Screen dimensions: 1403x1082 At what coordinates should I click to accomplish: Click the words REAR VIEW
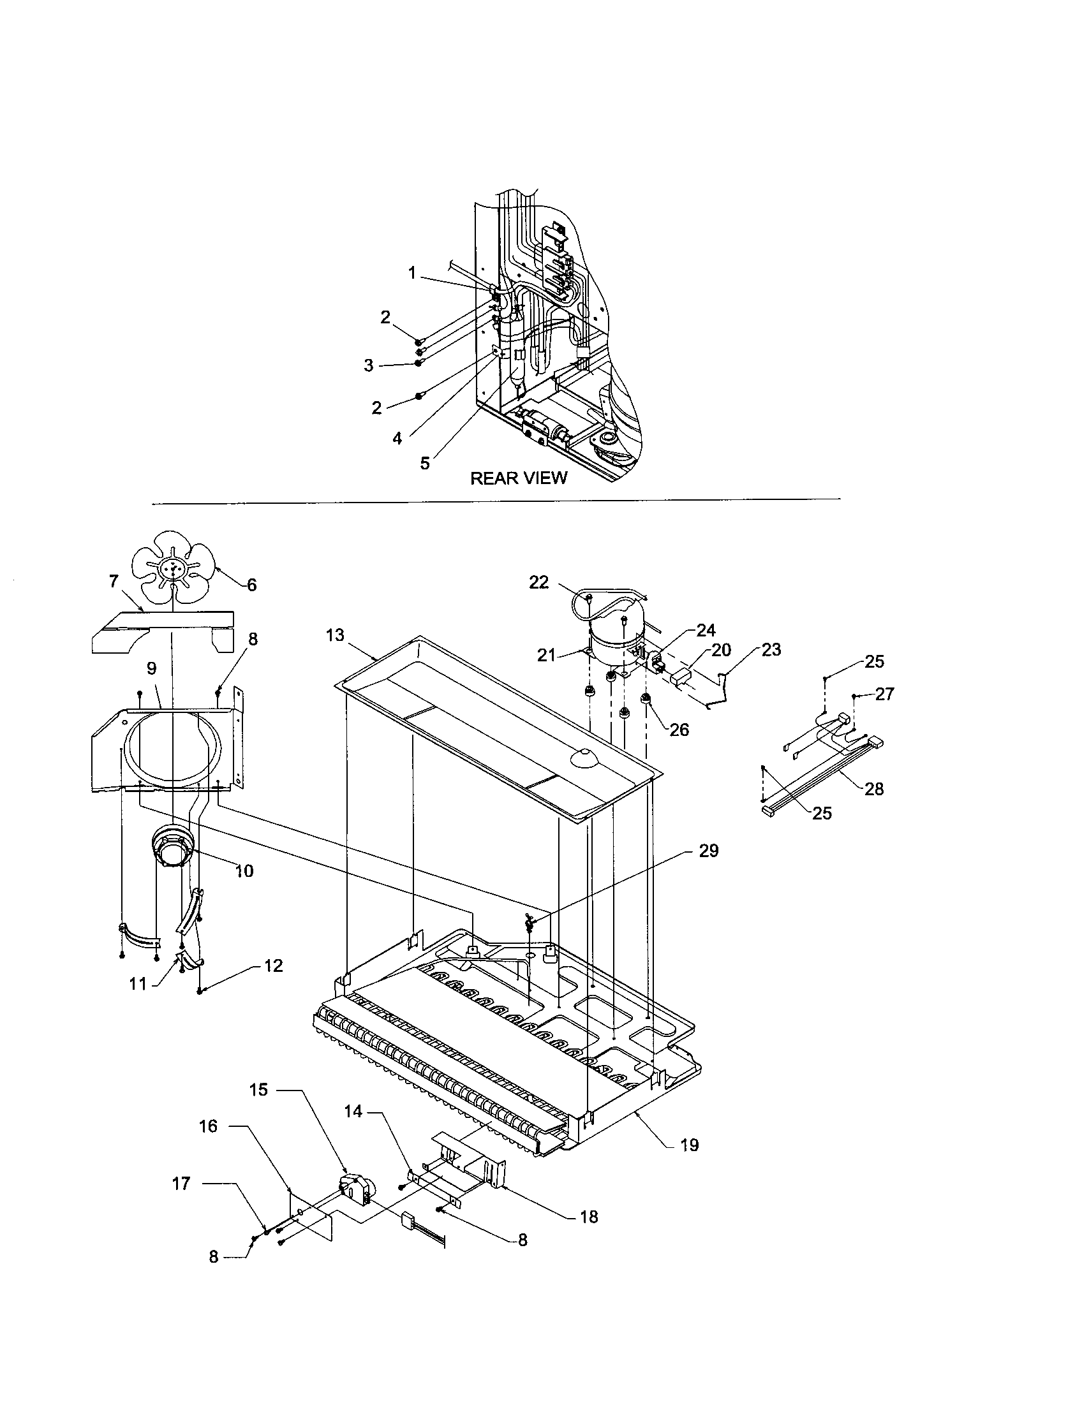(519, 478)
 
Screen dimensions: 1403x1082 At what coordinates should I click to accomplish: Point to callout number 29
(709, 851)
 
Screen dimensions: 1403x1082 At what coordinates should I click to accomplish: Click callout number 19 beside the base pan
(689, 1145)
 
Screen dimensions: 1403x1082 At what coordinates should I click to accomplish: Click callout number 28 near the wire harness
(874, 789)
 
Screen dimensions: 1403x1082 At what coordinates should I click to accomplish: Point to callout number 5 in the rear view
(425, 463)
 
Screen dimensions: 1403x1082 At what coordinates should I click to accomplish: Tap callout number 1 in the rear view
(412, 274)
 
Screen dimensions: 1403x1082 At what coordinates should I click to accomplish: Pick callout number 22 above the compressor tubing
(538, 582)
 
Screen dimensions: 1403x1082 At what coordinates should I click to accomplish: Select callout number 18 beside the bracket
(589, 1217)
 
